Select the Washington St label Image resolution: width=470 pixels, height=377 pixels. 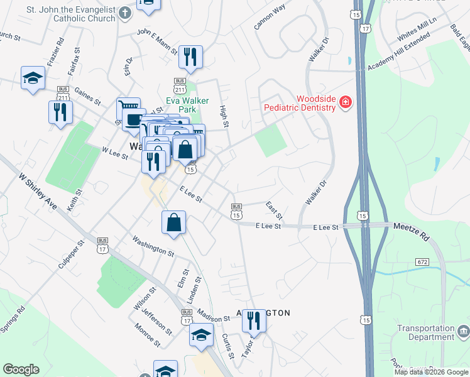pos(153,246)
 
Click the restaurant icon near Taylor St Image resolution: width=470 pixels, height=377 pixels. pos(254,320)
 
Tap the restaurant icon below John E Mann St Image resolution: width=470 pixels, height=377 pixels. pos(190,57)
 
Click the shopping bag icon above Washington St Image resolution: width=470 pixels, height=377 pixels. pos(173,222)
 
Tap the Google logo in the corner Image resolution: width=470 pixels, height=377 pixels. pos(21,369)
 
